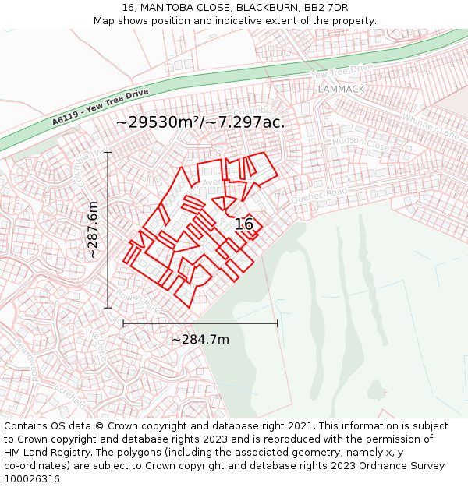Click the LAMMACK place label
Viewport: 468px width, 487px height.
[341, 89]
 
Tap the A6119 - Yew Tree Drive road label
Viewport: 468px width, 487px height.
[101, 107]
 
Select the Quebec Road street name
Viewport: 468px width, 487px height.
[318, 195]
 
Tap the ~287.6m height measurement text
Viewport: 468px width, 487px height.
[92, 230]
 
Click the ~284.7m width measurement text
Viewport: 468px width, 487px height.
[200, 339]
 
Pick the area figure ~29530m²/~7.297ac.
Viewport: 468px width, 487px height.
[200, 122]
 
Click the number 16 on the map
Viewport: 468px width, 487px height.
[244, 224]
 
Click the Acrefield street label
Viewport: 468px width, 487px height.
[70, 398]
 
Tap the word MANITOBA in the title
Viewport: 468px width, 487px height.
[171, 8]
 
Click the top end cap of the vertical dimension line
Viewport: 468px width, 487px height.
[108, 153]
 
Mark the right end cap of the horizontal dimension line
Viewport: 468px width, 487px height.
[277, 323]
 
